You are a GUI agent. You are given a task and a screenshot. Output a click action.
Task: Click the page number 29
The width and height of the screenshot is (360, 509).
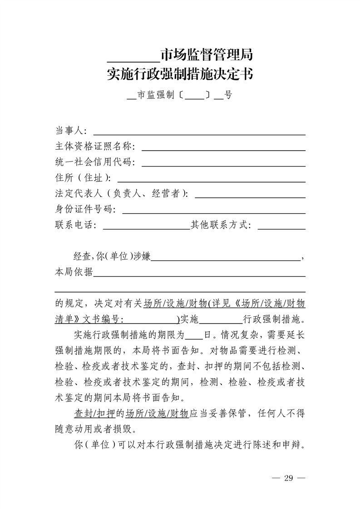coord(288,479)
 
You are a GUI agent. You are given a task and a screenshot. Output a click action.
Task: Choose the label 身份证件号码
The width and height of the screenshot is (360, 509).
coord(85,210)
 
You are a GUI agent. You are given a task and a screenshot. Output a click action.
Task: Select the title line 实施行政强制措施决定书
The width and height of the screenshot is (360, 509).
coord(180,74)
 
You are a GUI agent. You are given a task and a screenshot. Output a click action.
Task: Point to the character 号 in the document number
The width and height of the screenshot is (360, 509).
coord(228,96)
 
